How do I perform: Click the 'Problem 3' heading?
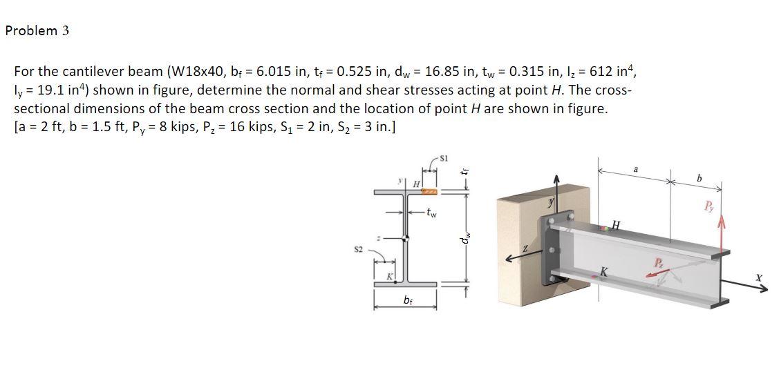(37, 31)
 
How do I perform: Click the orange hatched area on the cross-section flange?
(429, 191)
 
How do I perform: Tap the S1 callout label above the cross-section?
(444, 159)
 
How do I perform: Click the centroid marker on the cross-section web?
(406, 239)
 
